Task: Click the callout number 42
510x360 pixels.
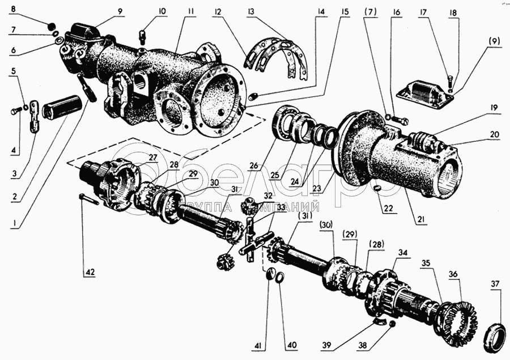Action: (x=90, y=272)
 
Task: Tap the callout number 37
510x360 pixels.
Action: (x=494, y=284)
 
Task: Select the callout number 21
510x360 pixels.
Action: (x=421, y=219)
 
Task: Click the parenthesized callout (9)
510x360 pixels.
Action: (x=494, y=41)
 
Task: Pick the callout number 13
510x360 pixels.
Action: (x=250, y=12)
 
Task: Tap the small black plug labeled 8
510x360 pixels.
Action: (x=50, y=24)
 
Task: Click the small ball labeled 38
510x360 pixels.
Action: (x=391, y=324)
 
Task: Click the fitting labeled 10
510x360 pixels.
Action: (x=142, y=37)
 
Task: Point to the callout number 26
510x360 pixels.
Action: (x=254, y=166)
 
